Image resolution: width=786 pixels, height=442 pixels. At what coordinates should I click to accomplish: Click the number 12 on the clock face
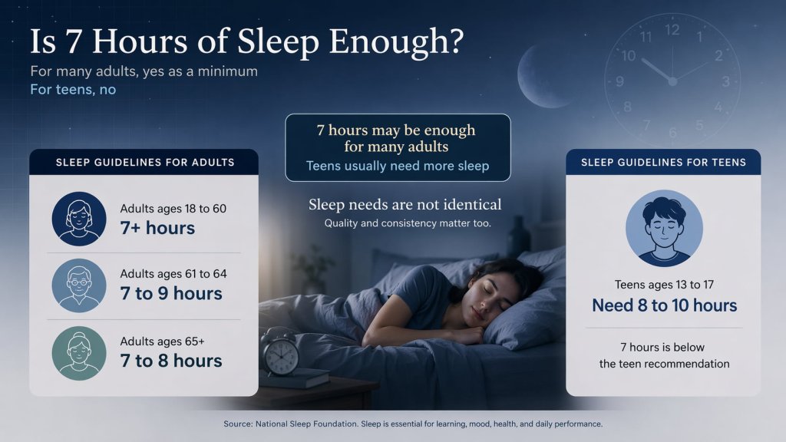pos(672,30)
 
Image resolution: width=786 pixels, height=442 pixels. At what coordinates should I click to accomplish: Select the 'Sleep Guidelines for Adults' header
pos(145,162)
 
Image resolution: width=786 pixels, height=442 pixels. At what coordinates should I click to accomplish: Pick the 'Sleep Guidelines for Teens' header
pos(663,162)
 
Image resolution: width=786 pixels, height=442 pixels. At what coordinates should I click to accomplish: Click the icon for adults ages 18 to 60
pos(79,218)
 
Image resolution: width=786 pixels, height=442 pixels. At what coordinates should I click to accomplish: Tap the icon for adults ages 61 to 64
pos(79,285)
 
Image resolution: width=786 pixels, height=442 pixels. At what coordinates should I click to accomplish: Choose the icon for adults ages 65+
pos(79,353)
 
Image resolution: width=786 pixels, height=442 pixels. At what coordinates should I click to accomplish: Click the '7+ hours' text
pos(157,228)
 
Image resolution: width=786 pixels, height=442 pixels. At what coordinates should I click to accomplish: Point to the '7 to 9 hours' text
pos(171,294)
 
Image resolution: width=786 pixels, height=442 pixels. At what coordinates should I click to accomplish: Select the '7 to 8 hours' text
pos(171,361)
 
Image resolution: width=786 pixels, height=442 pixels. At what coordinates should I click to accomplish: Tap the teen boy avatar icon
pos(663,228)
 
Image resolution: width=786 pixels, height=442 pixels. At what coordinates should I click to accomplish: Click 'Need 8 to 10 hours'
pos(664,305)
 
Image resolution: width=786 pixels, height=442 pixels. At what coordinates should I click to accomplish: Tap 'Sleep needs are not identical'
pos(405,204)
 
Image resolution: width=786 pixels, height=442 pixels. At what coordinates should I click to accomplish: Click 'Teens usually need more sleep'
pos(397,166)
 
